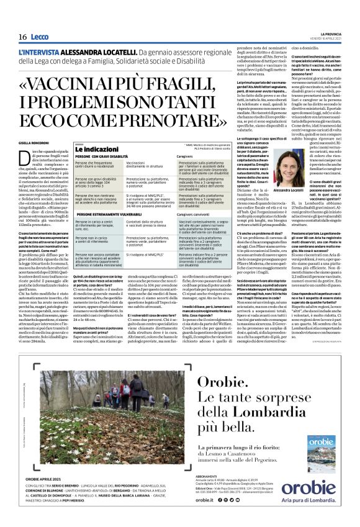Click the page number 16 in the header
pos(22,37)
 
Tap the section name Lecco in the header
pos(40,37)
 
